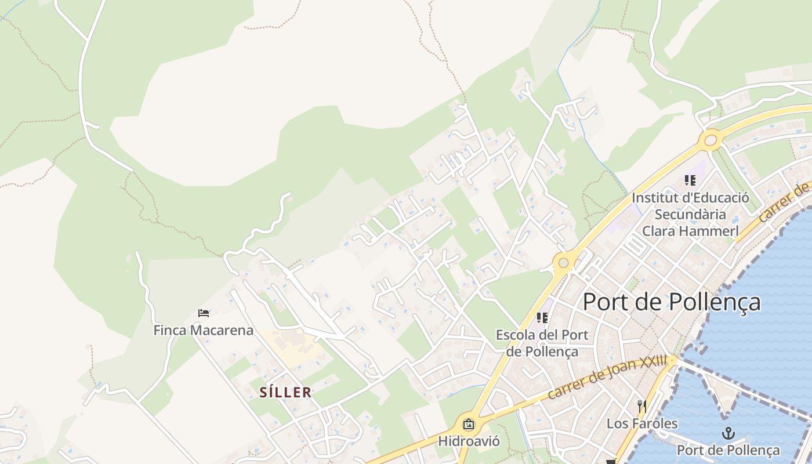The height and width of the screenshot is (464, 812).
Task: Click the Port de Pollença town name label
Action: tap(671, 302)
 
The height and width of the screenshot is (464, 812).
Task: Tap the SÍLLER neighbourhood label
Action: tap(285, 393)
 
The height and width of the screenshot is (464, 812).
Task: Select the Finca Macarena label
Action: tap(203, 331)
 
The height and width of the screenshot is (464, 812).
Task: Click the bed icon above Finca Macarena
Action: tap(204, 313)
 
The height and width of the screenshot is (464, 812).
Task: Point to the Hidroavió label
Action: tap(469, 441)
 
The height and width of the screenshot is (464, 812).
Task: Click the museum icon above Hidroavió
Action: tap(469, 425)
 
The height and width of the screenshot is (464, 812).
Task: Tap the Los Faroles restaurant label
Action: tap(641, 423)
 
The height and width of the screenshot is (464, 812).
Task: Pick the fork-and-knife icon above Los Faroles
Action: tap(641, 406)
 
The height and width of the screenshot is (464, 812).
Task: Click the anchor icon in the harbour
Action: tap(728, 433)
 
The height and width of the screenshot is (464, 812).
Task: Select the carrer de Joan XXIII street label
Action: tap(607, 378)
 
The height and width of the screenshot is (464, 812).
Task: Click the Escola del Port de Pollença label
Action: tap(542, 343)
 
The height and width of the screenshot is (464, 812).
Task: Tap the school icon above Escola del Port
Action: tap(542, 318)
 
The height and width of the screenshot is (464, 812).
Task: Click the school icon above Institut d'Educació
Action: tap(690, 180)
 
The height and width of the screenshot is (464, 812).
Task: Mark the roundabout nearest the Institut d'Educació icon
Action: tap(710, 140)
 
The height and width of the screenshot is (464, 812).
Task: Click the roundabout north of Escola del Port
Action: tap(563, 262)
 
